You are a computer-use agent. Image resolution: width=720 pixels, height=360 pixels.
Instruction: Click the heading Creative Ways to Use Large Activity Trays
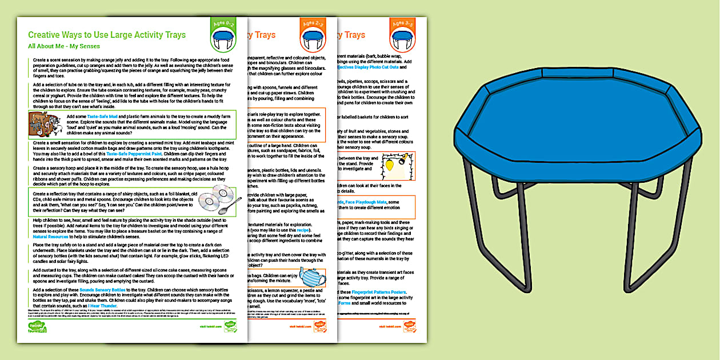[107, 35]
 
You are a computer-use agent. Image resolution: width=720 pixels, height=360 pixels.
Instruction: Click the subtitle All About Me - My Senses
[64, 46]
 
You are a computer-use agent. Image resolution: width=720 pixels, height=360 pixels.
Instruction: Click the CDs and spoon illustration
[219, 201]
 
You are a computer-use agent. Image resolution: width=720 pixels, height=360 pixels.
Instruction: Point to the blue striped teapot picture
[311, 278]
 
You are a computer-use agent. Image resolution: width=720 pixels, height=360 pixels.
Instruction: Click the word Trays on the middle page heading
[265, 35]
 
